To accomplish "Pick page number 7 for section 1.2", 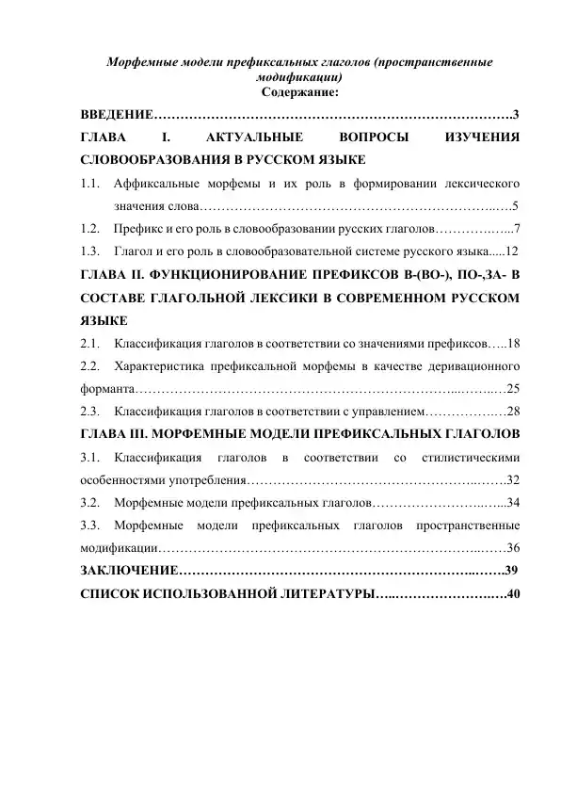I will [x=517, y=229].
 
